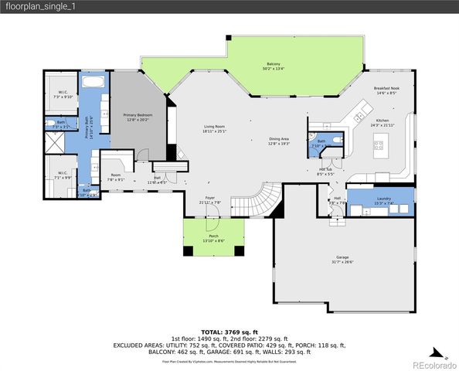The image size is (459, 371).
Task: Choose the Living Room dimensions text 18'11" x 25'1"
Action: [214, 131]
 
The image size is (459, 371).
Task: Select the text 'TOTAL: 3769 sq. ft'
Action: [229, 331]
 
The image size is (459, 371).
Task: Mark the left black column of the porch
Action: [187, 250]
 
